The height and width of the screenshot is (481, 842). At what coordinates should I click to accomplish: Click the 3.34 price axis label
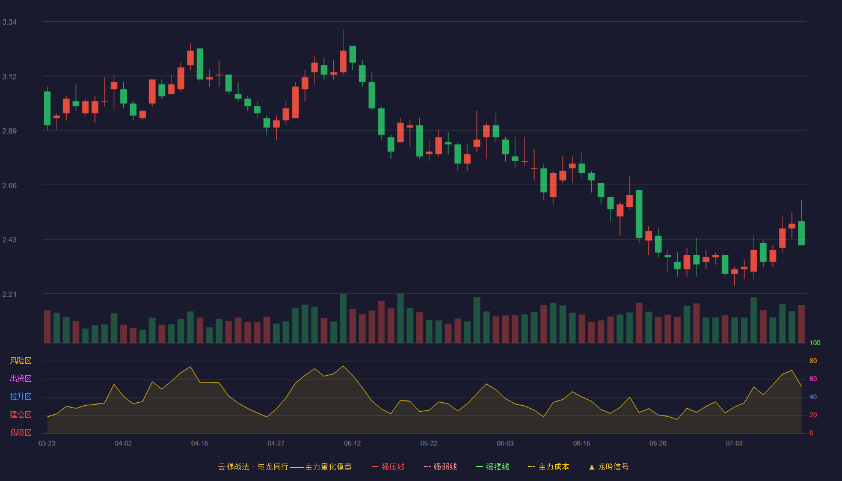pos(10,22)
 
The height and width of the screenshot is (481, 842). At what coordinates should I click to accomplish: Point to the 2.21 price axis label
pos(10,294)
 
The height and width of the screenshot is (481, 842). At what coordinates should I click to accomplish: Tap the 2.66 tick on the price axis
pos(10,186)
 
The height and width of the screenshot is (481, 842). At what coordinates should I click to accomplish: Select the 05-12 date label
pos(352,444)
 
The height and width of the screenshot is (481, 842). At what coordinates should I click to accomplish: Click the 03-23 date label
pos(47,444)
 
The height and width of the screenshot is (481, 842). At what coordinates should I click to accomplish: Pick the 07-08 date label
pos(734,444)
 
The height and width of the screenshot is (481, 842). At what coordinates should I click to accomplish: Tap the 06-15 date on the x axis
pos(582,444)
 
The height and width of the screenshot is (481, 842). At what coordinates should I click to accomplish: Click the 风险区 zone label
pos(20,361)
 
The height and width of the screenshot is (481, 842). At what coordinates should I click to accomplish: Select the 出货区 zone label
pos(20,378)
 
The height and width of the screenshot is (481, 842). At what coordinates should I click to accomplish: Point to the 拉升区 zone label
pos(20,396)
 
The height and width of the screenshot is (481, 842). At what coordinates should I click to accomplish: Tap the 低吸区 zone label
pos(20,432)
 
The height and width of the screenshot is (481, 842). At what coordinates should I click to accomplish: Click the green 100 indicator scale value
pos(815,343)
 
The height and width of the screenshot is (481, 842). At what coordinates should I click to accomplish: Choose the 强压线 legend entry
pos(388,467)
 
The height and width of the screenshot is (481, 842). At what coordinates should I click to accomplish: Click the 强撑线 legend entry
pos(493,467)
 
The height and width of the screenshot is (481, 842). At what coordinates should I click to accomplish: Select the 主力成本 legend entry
pos(549,467)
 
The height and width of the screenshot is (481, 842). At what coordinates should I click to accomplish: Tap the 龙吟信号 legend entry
pos(609,467)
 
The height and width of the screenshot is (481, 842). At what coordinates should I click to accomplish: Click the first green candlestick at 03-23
pos(47,108)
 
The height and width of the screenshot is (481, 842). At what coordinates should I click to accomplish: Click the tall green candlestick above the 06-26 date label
pos(639,214)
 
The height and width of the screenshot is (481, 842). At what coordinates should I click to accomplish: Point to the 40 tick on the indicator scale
pos(813,397)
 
